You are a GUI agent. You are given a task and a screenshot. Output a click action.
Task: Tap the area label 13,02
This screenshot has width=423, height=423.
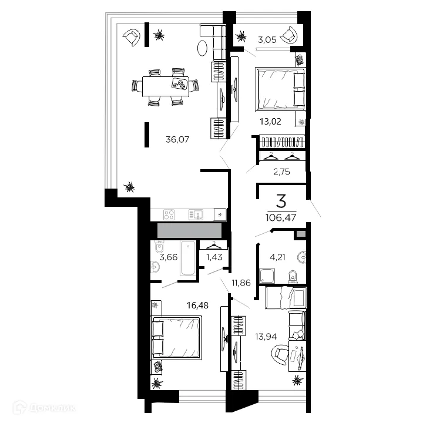click(270, 123)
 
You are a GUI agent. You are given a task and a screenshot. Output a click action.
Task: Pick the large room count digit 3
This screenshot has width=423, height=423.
click(281, 202)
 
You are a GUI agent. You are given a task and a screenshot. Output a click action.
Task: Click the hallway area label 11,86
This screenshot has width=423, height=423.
click(241, 282)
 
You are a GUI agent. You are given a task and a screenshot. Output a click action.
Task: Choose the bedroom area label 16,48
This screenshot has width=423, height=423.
click(182, 304)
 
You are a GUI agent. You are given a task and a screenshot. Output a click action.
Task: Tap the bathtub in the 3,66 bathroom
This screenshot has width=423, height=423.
click(188, 258)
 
